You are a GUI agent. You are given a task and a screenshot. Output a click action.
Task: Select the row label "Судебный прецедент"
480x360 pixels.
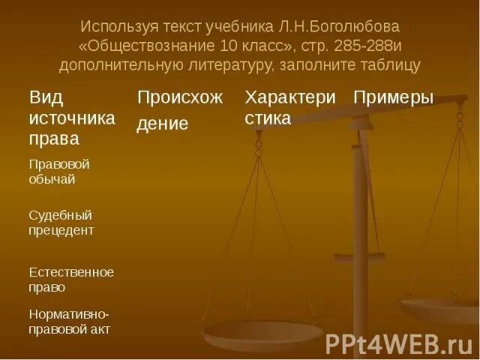[61, 223]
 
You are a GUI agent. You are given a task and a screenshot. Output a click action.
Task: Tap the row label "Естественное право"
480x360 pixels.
[71, 279]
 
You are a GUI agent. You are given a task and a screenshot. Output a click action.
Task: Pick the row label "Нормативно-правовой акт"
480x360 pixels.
[70, 321]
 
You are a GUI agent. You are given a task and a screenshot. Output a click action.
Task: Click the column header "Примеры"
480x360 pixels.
[394, 98]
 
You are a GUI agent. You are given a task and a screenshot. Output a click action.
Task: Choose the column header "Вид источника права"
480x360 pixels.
[72, 118]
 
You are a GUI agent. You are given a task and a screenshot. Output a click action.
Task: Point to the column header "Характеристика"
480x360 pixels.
[288, 108]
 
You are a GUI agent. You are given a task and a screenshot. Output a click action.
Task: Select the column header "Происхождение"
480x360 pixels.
[179, 110]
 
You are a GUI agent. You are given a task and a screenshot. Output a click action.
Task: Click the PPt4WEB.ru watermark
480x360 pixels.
[398, 343]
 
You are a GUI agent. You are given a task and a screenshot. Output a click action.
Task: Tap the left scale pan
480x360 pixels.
[262, 331]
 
